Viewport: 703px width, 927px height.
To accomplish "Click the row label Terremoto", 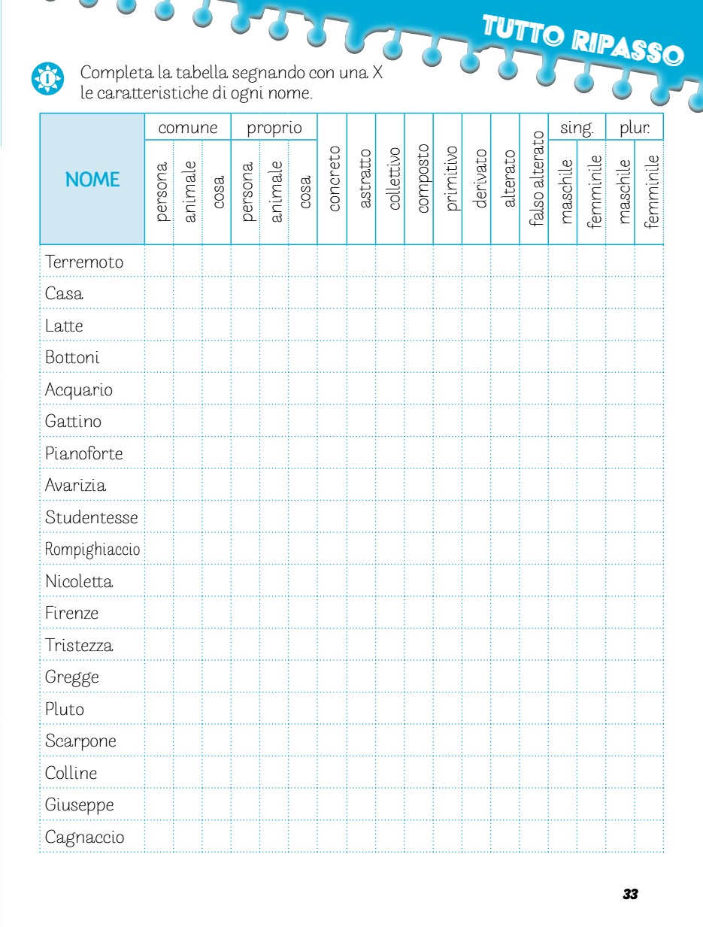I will [84, 262].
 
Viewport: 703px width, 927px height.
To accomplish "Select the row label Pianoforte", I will [83, 454].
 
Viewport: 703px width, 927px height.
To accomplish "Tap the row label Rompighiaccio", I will [92, 550].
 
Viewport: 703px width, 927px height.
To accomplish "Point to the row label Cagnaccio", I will [85, 837].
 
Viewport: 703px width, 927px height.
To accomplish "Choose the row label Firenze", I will [71, 613].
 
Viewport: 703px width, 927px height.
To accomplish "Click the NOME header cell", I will [92, 179].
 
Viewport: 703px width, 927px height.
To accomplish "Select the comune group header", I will [188, 128].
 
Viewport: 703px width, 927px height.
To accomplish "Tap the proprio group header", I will [274, 128].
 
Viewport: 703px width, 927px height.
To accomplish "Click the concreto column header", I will [333, 179].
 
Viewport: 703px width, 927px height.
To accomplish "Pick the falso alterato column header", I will [535, 179].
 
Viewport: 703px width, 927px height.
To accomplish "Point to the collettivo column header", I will [391, 179].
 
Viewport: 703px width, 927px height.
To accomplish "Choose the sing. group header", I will [577, 128].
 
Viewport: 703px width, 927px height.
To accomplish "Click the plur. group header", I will [635, 128].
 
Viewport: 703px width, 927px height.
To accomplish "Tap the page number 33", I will [630, 894].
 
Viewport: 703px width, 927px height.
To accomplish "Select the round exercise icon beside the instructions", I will [47, 78].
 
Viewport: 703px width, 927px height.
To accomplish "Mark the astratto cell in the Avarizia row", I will [362, 486].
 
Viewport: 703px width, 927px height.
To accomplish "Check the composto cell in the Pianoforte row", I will [420, 454].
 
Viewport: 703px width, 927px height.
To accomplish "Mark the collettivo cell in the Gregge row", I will [391, 677].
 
